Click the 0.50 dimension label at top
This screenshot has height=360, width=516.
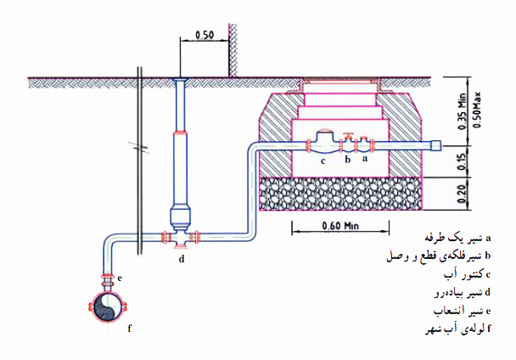[x=204, y=36]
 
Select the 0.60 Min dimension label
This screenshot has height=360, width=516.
[x=339, y=226]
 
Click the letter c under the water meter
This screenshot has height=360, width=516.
[x=322, y=159]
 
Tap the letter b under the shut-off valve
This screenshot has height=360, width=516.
[x=346, y=158]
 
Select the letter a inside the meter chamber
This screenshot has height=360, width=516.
[x=365, y=158]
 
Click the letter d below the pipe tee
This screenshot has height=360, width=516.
[x=181, y=259]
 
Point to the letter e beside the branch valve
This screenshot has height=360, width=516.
[x=121, y=278]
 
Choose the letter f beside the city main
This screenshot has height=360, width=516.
[x=130, y=326]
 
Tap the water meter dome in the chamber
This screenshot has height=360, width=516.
[x=322, y=136]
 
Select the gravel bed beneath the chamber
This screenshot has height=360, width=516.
[x=339, y=194]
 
